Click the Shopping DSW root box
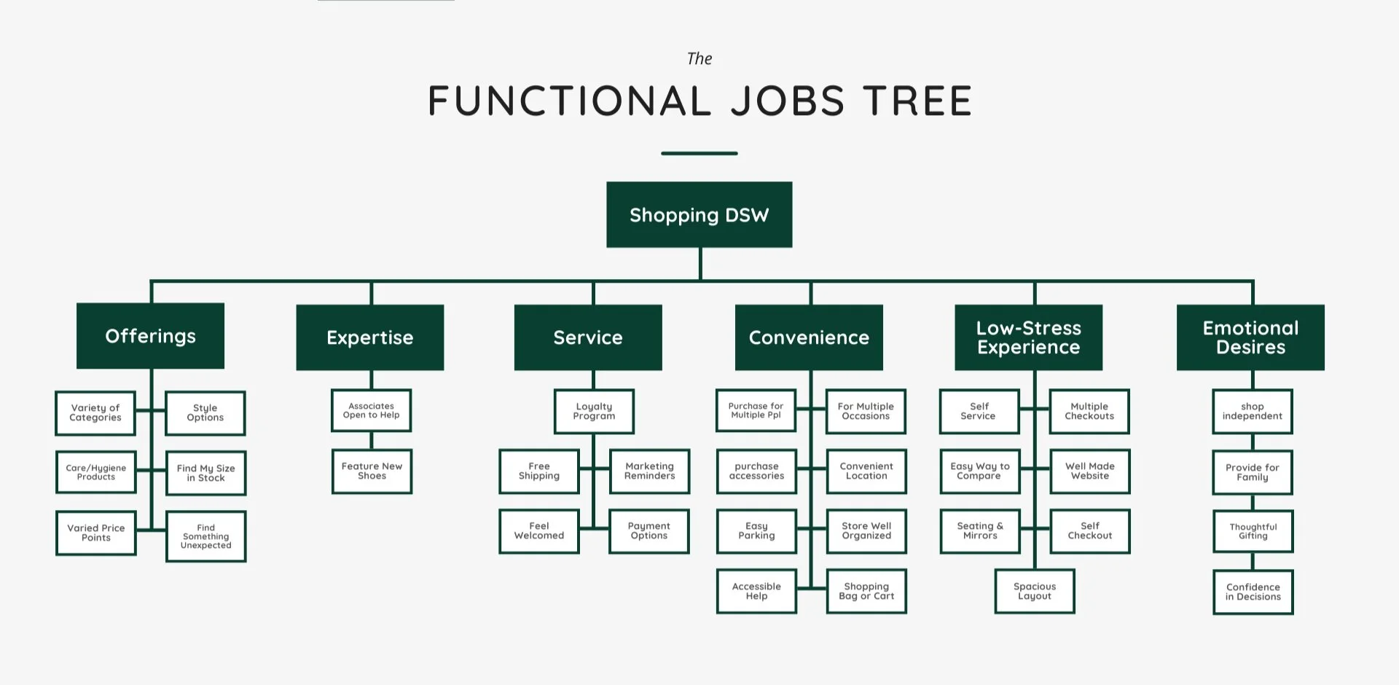(699, 215)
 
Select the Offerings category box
(150, 336)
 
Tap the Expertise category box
(369, 337)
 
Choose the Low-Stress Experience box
(1028, 337)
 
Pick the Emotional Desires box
(1250, 337)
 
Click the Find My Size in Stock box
(205, 473)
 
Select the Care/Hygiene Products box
(95, 472)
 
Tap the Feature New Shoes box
(372, 471)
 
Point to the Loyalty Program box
(594, 412)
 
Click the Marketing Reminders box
(649, 471)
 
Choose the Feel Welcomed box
(539, 531)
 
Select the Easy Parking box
(756, 531)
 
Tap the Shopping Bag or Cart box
(866, 591)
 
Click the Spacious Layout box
(1035, 591)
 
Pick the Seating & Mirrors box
(980, 531)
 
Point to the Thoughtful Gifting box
(1253, 531)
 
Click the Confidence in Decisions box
(1253, 592)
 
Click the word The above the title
(699, 59)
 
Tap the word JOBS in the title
(788, 101)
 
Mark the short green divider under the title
(699, 153)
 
